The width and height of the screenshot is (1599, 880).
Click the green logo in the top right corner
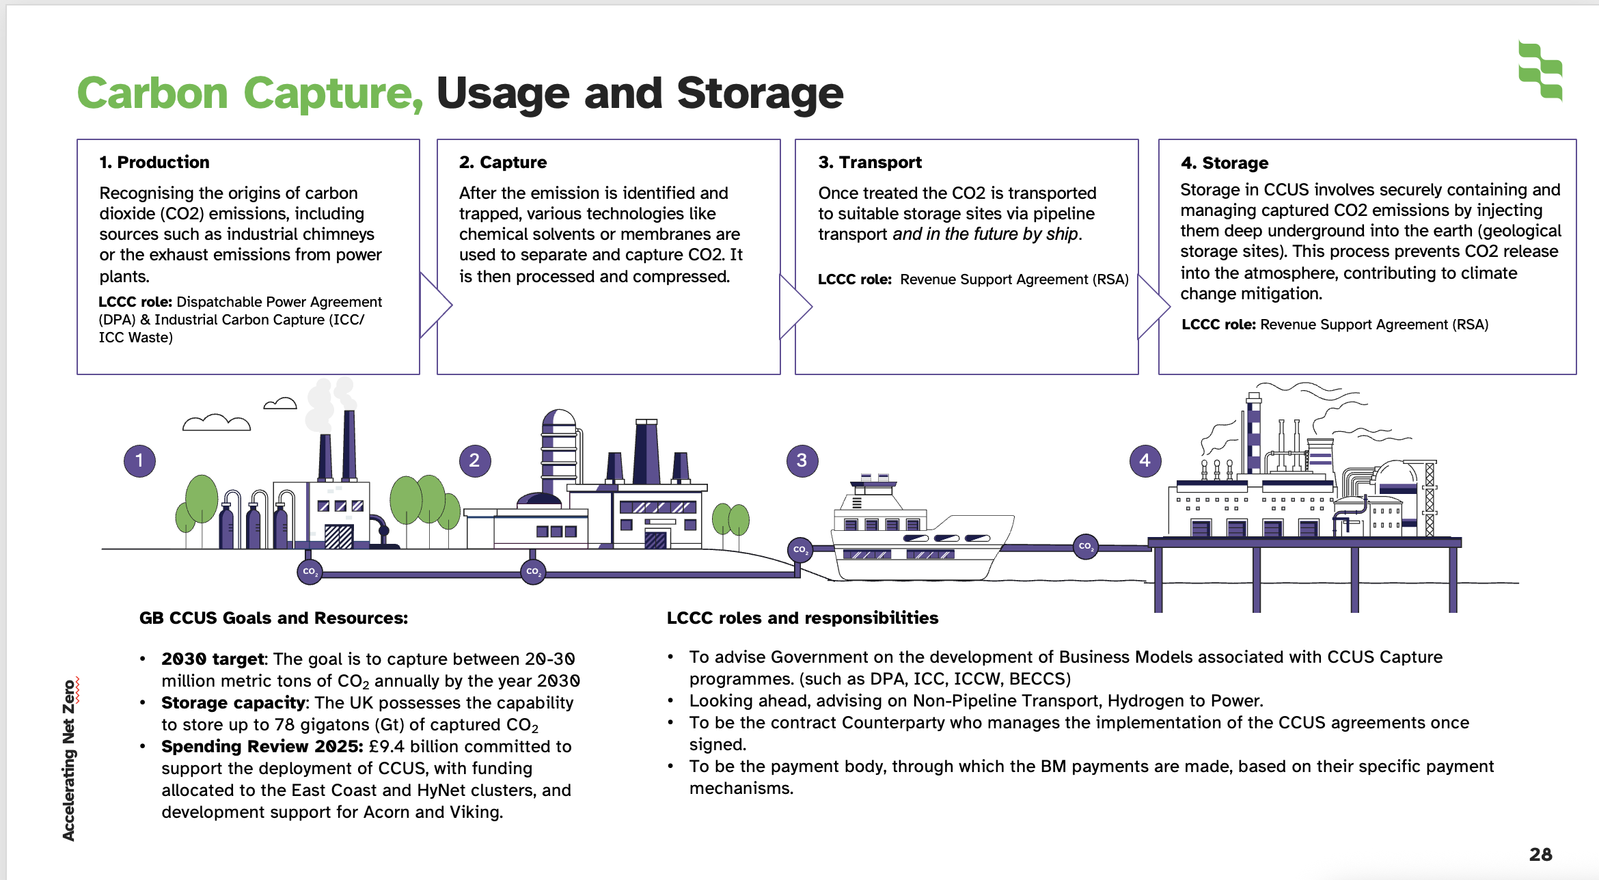[1540, 70]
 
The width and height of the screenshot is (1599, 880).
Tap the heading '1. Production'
[154, 162]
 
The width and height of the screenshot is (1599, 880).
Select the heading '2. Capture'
[503, 162]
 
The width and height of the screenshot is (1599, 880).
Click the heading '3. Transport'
[870, 162]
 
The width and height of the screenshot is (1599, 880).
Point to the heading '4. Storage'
[1225, 163]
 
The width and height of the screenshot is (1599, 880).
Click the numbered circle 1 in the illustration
[139, 460]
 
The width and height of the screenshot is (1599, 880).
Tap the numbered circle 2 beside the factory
[475, 460]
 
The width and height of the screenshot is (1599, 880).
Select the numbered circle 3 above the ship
[802, 460]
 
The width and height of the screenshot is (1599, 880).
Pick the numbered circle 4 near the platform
[1145, 460]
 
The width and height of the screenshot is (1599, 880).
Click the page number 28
[1540, 854]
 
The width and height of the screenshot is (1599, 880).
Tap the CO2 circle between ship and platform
[1085, 547]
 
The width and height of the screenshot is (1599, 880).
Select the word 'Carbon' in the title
[152, 93]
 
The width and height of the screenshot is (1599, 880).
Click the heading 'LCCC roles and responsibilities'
[802, 618]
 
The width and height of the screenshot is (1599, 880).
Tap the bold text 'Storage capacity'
[233, 702]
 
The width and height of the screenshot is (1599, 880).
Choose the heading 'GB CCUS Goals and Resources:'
[273, 618]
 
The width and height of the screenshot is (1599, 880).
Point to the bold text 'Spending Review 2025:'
[262, 746]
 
